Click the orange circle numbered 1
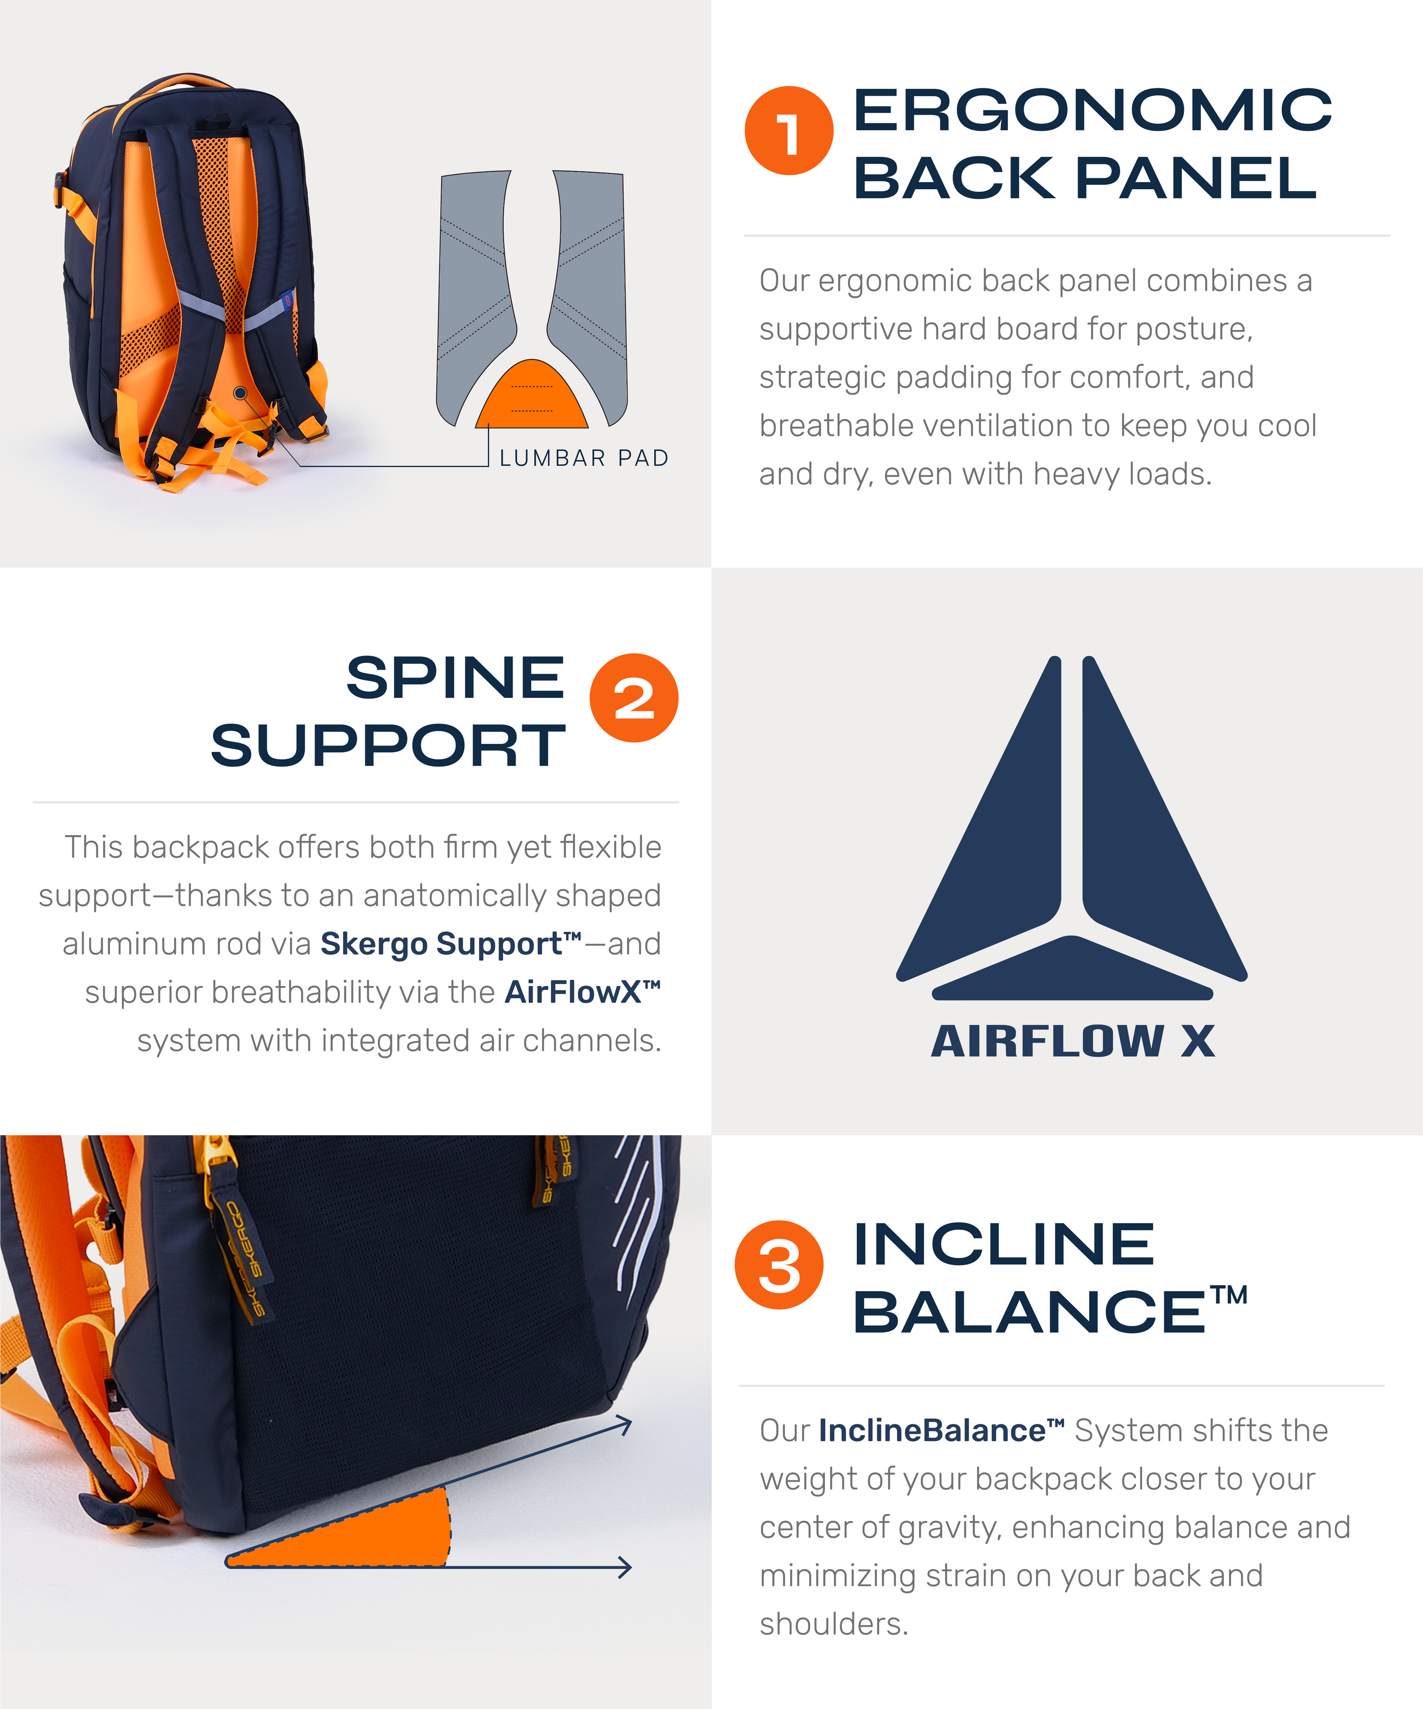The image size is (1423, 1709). coord(788,130)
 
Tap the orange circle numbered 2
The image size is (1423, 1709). coord(634,697)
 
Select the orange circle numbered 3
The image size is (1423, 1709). coord(779,1264)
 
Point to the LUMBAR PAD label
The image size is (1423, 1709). coord(583,458)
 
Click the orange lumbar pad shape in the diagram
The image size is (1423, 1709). coord(531,394)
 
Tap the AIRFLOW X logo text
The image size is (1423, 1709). coord(1072,1041)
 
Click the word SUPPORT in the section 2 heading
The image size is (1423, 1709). coord(388,745)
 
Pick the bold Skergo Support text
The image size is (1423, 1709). coord(451,944)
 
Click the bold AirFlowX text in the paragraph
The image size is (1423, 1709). coord(582,992)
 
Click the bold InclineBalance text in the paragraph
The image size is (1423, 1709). coord(942,1430)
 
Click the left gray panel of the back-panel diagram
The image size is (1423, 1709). coord(476,293)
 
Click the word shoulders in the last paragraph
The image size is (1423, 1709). coord(833,1624)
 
